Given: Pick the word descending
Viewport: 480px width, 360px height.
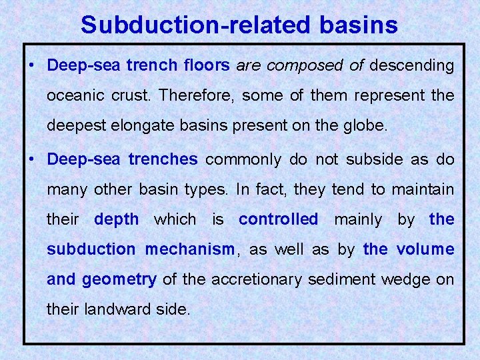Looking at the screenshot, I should (x=411, y=66).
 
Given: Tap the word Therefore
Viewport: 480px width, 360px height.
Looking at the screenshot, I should (x=195, y=95).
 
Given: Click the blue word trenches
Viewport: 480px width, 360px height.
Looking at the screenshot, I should (x=163, y=159).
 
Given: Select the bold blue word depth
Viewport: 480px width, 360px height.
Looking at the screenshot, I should (x=117, y=219).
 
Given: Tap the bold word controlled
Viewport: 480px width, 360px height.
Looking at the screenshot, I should (x=279, y=219).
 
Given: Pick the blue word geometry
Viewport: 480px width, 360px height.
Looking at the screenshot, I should (x=119, y=279).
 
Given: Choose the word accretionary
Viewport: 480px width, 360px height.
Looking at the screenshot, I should (x=260, y=279).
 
